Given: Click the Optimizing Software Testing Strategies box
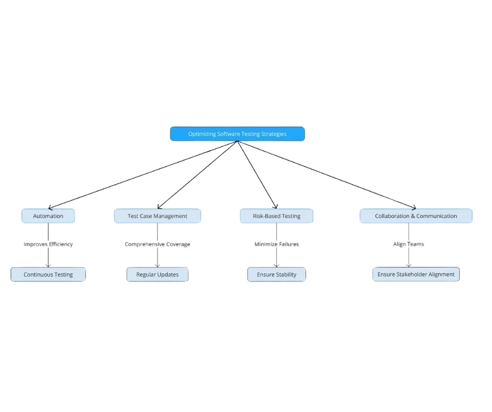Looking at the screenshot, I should coord(237,134).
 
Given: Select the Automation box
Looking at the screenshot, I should coord(48,216).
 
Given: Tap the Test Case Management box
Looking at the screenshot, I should coord(158,216).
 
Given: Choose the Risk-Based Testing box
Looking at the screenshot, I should coord(276,216).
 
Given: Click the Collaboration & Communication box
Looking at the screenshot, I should coord(416,216).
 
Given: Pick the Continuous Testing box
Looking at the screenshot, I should coord(48,274).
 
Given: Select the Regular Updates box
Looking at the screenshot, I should coord(158,274).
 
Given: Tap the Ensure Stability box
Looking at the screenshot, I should coord(276,274).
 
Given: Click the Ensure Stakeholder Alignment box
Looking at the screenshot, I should coord(416,274).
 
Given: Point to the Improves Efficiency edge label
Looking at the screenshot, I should coord(48,244).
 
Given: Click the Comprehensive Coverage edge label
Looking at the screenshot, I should coord(158,244).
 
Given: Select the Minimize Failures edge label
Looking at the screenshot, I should coord(276,244).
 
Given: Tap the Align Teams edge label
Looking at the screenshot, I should coord(409,244).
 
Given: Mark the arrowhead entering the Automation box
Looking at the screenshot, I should coord(50,208).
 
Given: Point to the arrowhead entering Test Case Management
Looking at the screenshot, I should coord(159,207).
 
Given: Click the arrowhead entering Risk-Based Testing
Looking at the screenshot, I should coord(275,207).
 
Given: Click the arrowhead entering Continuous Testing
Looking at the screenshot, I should coord(48,265).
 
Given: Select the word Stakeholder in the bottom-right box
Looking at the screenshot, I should coord(415,274).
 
